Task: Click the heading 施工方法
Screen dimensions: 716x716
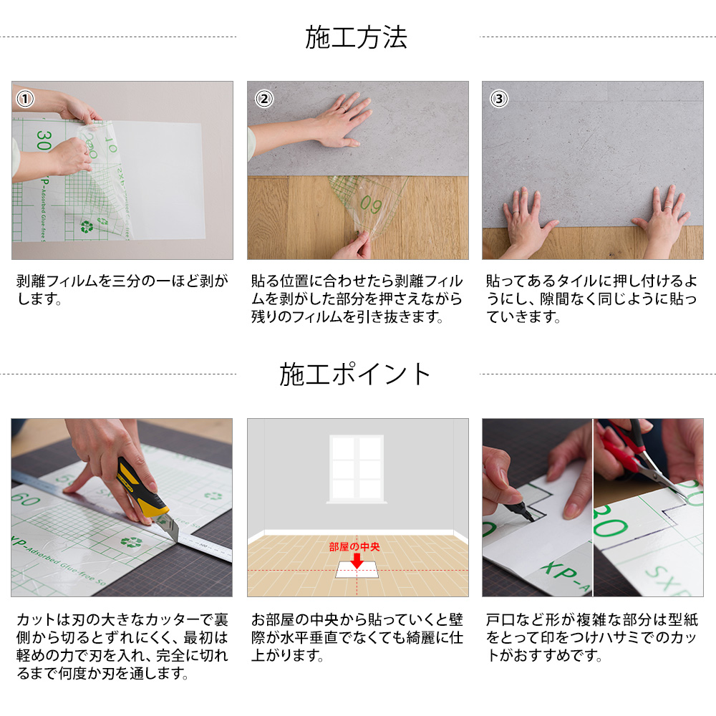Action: [356, 37]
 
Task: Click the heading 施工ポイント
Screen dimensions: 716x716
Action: [356, 374]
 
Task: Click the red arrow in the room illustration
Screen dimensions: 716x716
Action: [356, 559]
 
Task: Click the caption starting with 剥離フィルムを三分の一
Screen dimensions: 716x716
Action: [122, 289]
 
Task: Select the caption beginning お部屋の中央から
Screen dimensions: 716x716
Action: [357, 637]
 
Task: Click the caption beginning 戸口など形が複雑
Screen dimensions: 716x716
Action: [591, 637]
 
